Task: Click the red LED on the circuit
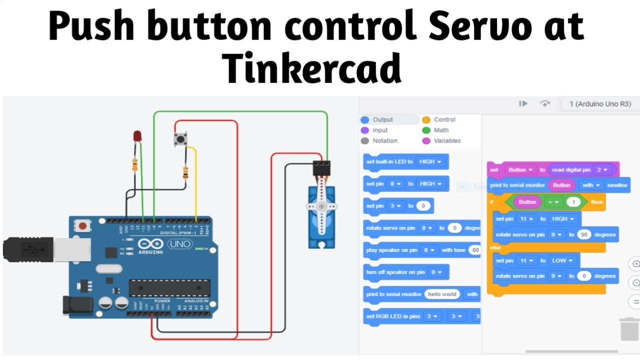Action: pyautogui.click(x=137, y=135)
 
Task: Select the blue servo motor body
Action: pyautogui.click(x=320, y=215)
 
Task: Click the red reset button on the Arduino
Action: pyautogui.click(x=82, y=226)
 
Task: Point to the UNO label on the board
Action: pyautogui.click(x=178, y=244)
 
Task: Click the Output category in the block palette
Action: pyautogui.click(x=382, y=119)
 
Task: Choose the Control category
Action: pyautogui.click(x=444, y=119)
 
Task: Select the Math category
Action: pyautogui.click(x=441, y=130)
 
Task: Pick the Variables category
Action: pyautogui.click(x=447, y=140)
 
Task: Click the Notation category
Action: pyautogui.click(x=384, y=140)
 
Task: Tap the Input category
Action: pyautogui.click(x=380, y=130)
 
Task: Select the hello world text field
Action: pyautogui.click(x=442, y=294)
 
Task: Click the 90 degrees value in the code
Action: pyautogui.click(x=583, y=234)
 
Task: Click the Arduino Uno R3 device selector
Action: pyautogui.click(x=600, y=104)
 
